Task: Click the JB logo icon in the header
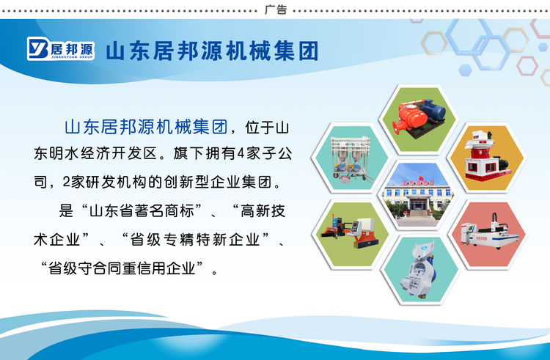(38, 49)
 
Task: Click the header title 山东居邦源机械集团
(212, 51)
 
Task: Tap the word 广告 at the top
(275, 10)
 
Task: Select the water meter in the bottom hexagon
(418, 270)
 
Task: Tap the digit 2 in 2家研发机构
(67, 180)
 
